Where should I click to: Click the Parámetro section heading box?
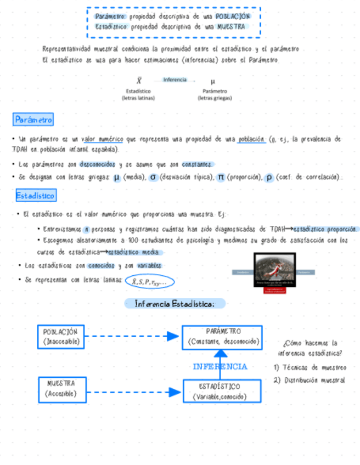(33, 120)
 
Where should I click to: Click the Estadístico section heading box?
(35, 195)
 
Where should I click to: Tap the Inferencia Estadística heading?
(175, 303)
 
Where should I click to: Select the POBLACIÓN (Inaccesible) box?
(61, 337)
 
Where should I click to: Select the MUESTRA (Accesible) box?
(61, 389)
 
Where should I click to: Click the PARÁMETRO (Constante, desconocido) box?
(222, 337)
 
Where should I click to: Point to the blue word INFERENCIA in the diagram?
(220, 366)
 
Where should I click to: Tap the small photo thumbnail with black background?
(274, 270)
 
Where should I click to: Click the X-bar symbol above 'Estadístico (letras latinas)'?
(139, 81)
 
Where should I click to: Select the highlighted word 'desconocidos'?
(97, 165)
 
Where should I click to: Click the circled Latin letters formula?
(149, 282)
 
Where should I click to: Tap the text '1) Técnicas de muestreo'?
(310, 367)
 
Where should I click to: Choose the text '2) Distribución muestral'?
(310, 380)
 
